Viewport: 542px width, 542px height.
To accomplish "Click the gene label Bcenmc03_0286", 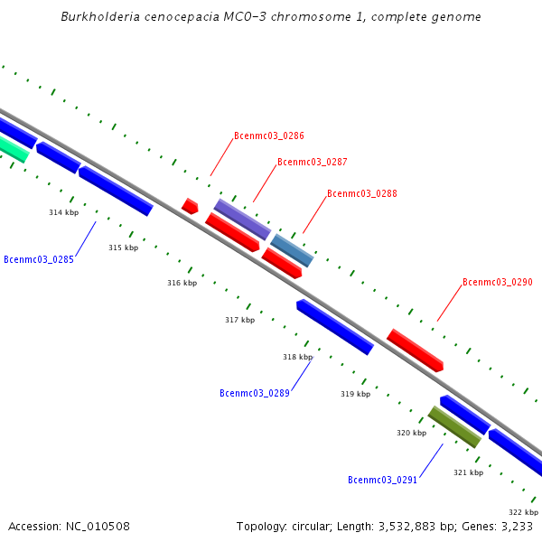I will pyautogui.click(x=268, y=135).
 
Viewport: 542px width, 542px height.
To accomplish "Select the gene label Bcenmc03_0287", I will pyautogui.click(x=312, y=163).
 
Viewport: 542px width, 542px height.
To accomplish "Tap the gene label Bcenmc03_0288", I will pyautogui.click(x=361, y=193).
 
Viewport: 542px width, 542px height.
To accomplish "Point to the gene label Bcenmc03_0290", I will pyautogui.click(x=497, y=282).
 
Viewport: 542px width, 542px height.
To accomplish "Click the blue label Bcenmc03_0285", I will pyautogui.click(x=39, y=259).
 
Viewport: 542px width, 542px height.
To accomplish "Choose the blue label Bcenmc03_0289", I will pyautogui.click(x=254, y=393).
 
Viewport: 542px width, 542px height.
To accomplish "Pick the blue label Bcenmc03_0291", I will pyautogui.click(x=382, y=480).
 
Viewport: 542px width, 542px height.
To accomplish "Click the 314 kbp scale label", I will pyautogui.click(x=63, y=212).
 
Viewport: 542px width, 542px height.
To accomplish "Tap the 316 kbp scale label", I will pyautogui.click(x=182, y=283).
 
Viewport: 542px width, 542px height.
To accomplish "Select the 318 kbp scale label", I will pyautogui.click(x=297, y=357).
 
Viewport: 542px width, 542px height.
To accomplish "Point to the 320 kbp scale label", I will pyautogui.click(x=411, y=433).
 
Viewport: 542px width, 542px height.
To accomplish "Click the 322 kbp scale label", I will pyautogui.click(x=523, y=512).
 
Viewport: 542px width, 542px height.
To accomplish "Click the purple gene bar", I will pyautogui.click(x=242, y=219).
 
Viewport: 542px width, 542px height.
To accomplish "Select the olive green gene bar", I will pyautogui.click(x=453, y=426).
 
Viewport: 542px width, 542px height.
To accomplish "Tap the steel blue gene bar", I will pyautogui.click(x=292, y=250).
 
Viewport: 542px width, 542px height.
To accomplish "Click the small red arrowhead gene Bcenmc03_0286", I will pyautogui.click(x=190, y=206).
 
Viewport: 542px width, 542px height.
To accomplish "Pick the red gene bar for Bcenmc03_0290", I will pyautogui.click(x=415, y=350).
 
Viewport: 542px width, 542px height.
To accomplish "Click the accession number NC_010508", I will pyautogui.click(x=98, y=526).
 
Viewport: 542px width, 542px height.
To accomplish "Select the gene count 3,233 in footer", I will pyautogui.click(x=516, y=526).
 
